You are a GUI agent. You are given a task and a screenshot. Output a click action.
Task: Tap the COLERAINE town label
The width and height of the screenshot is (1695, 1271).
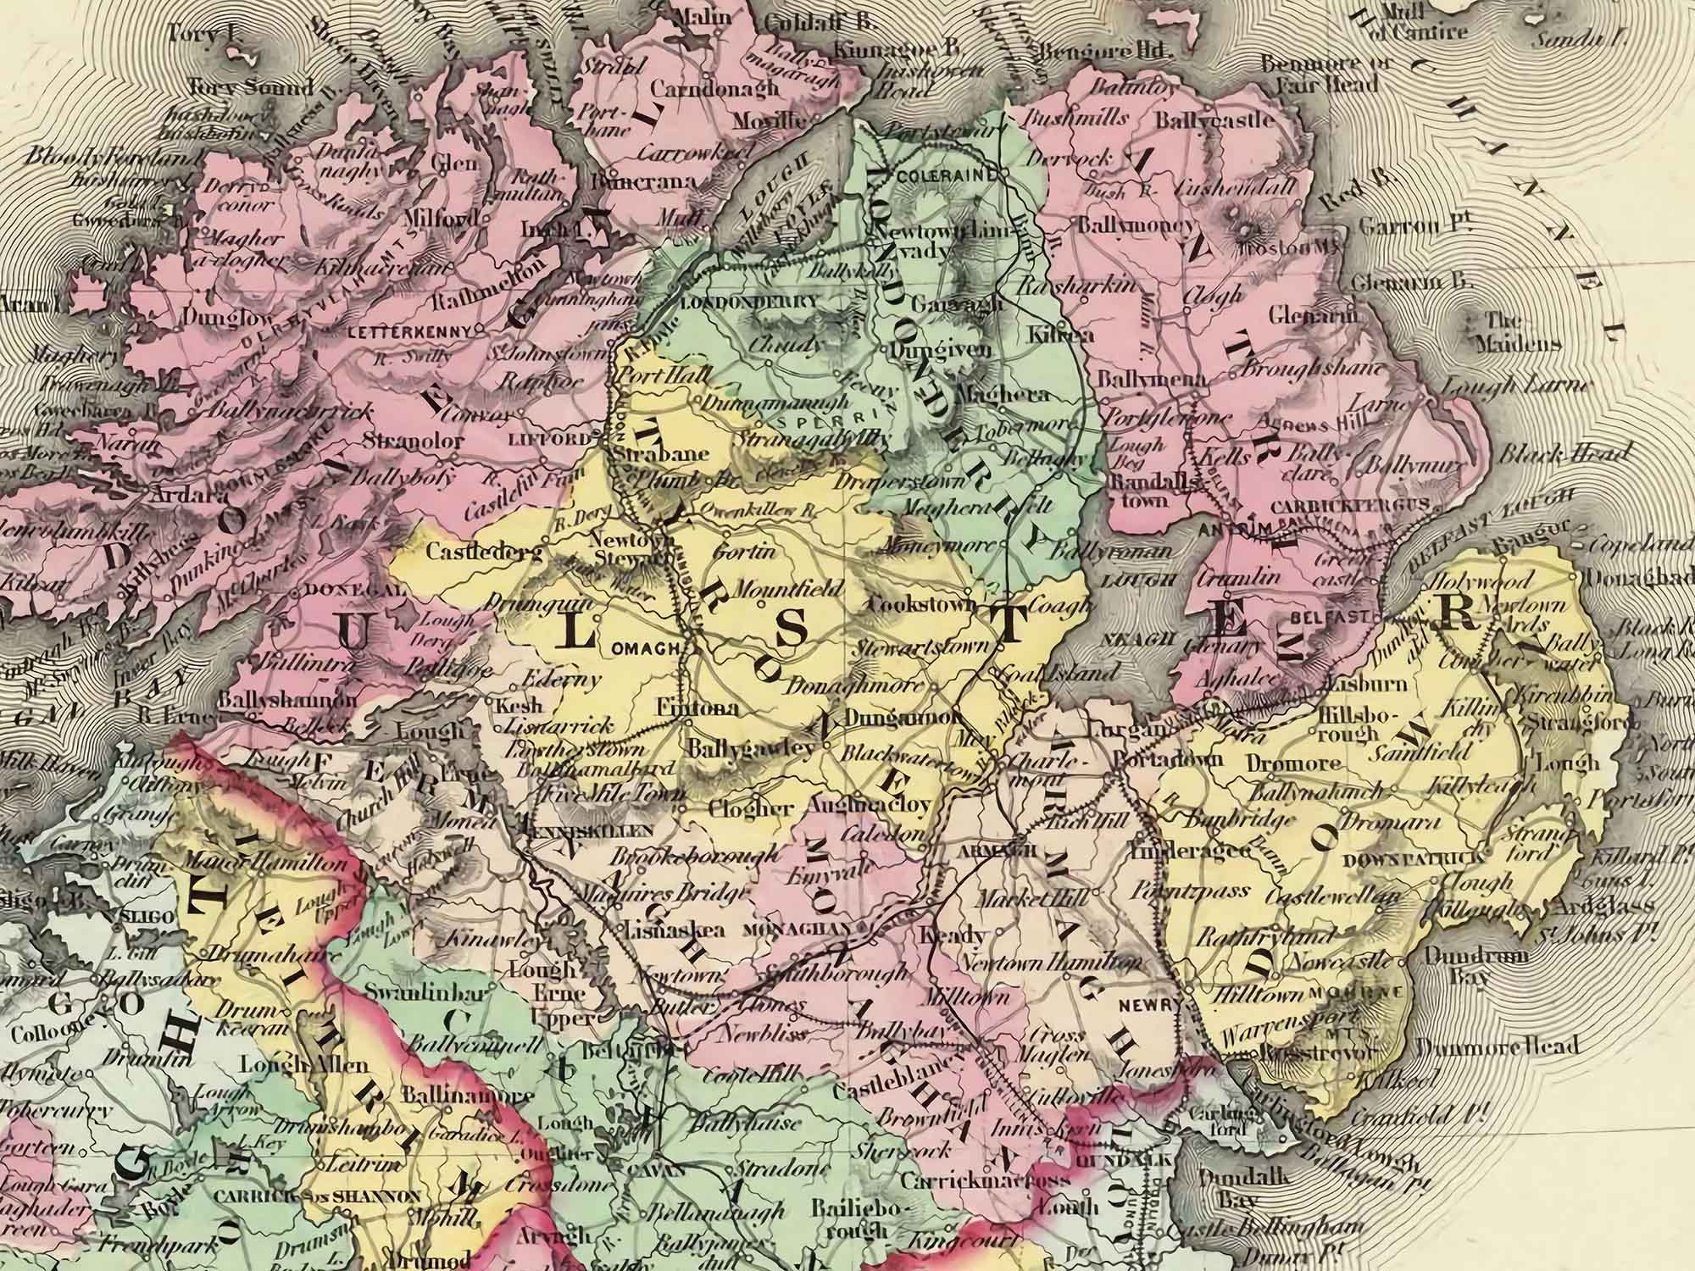[942, 175]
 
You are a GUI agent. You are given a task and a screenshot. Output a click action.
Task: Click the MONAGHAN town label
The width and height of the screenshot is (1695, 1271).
[795, 928]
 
